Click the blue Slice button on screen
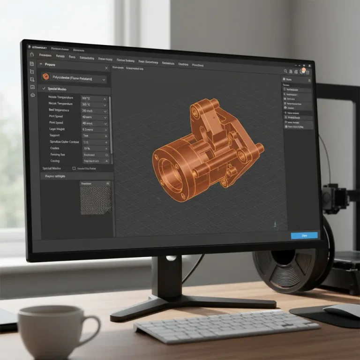tap(304, 235)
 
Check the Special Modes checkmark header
tap(44, 89)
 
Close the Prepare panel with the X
tap(106, 68)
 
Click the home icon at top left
tap(31, 54)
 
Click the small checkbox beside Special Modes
tap(74, 168)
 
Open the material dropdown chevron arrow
tap(104, 80)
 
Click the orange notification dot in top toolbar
tap(304, 70)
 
